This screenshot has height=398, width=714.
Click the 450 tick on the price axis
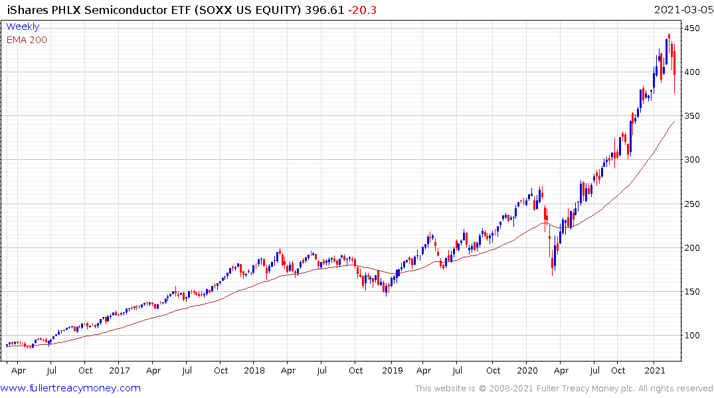tap(693, 29)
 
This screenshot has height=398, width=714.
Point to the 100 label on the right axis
tap(693, 336)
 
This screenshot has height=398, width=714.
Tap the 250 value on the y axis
tap(693, 204)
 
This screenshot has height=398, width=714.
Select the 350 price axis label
tap(693, 116)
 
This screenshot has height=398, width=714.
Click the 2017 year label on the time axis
tap(119, 370)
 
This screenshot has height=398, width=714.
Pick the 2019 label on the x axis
tap(392, 370)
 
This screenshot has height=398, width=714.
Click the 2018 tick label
tap(254, 370)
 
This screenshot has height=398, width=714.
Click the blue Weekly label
tap(23, 27)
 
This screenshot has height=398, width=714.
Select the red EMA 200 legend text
tap(27, 40)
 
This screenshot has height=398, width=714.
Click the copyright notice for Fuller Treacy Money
tap(564, 388)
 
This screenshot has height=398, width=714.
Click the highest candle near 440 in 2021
tap(669, 36)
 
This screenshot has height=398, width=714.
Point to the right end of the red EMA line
tap(675, 121)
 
